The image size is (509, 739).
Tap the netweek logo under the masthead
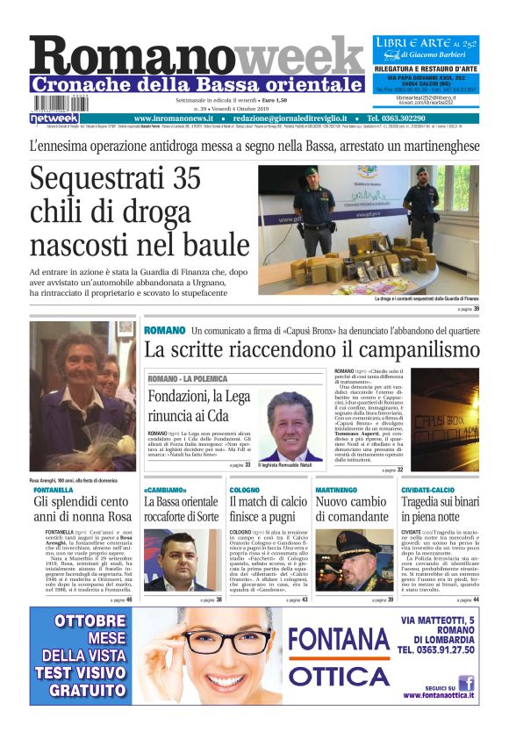click(x=54, y=118)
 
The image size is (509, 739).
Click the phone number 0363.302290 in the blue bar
click(x=396, y=118)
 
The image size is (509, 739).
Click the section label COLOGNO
click(x=245, y=490)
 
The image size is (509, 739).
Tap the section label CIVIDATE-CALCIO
click(x=428, y=490)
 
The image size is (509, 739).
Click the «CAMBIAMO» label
click(x=165, y=490)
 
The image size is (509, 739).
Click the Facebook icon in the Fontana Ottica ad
click(x=466, y=682)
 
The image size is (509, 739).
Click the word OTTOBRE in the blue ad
click(x=79, y=622)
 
